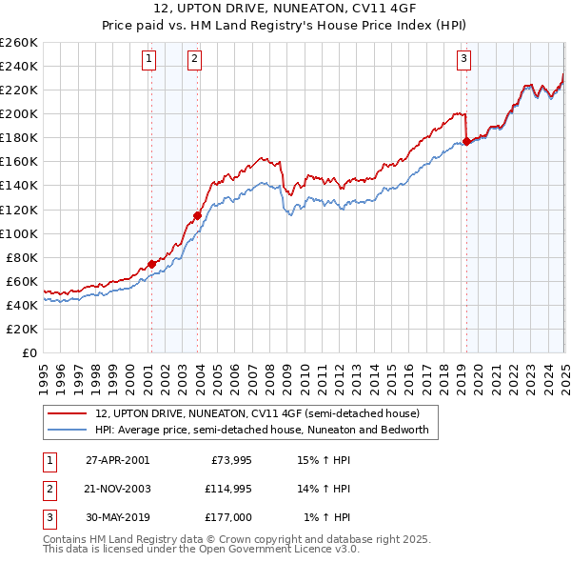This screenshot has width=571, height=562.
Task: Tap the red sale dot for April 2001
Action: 151,264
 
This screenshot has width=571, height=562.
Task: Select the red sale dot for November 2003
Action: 197,215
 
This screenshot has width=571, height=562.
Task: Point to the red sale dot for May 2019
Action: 466,141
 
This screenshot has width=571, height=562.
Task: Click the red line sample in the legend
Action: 67,413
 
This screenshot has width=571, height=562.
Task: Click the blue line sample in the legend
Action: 67,430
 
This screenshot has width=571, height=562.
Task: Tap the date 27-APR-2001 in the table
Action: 117,460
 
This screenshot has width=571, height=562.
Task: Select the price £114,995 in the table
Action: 226,489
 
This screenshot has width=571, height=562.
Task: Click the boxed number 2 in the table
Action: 49,489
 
